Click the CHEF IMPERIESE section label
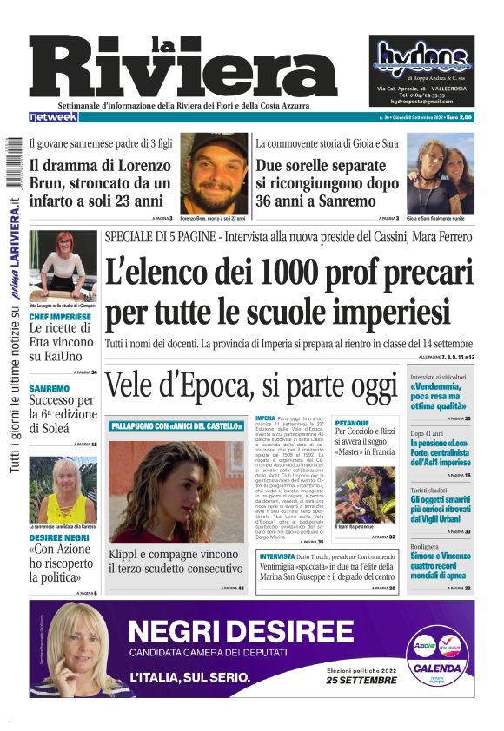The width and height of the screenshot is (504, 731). click(59, 317)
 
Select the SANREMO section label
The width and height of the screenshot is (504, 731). click(49, 388)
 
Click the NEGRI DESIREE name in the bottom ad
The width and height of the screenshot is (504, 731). click(229, 630)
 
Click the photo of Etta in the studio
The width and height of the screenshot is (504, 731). click(63, 264)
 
